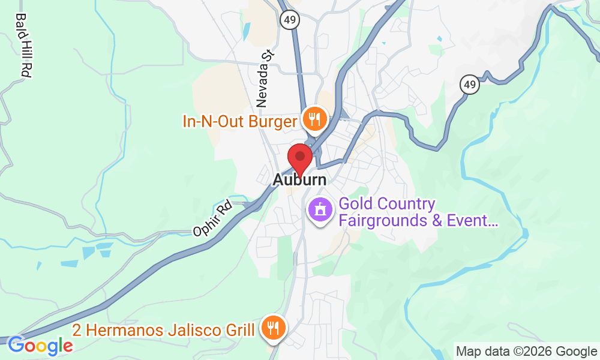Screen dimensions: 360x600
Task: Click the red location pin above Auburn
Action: click(300, 158)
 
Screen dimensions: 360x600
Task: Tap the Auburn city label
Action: click(300, 180)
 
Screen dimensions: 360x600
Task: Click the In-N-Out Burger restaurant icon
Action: click(314, 119)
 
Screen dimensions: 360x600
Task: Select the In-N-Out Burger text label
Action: click(240, 122)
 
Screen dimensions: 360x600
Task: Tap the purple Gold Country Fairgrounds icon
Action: click(320, 210)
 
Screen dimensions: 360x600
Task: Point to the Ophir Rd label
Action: click(212, 219)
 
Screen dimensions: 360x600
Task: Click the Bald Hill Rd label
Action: click(23, 45)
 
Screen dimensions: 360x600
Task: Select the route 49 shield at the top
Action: click(289, 20)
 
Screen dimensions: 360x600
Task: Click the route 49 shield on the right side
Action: click(470, 85)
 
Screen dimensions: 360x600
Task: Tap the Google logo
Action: click(40, 346)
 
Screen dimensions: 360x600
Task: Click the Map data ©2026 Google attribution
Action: click(526, 351)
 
